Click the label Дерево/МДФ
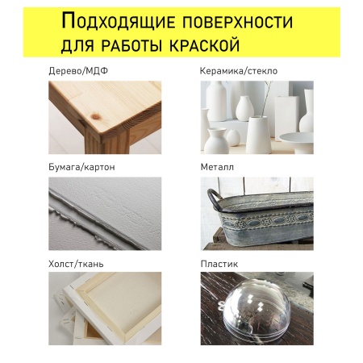[78, 71]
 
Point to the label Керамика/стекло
[239, 71]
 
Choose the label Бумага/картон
[81, 167]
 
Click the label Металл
[216, 167]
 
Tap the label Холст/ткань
[77, 263]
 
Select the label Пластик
[218, 263]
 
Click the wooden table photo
[105, 117]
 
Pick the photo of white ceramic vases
[257, 117]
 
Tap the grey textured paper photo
[105, 213]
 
